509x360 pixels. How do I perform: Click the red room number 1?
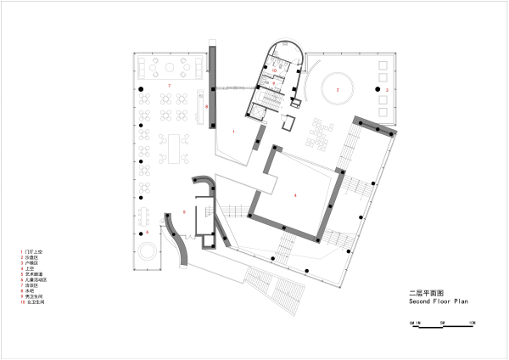232,132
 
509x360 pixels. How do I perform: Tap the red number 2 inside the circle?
336,87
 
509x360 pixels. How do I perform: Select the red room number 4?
295,196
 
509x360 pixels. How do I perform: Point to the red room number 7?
169,87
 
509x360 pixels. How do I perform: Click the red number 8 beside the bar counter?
206,106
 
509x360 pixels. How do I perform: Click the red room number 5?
184,211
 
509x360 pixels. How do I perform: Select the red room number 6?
147,231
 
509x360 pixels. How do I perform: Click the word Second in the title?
421,301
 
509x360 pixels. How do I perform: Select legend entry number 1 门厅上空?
36,253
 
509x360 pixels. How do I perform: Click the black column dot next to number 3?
374,88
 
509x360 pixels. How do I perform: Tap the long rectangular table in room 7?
179,146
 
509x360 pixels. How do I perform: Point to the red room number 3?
386,88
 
